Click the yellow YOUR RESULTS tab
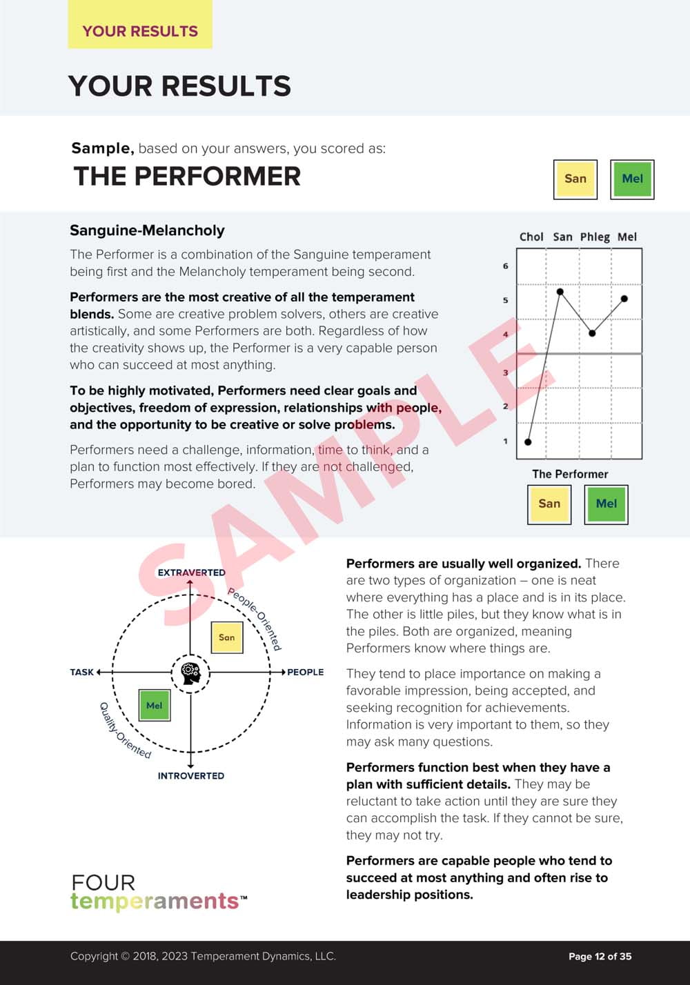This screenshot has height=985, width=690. pos(140,31)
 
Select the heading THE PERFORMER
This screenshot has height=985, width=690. pos(187,177)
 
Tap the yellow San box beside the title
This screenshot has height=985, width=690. pos(575,179)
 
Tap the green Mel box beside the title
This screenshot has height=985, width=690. pos(632,179)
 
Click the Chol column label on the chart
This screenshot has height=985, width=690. pos(531,237)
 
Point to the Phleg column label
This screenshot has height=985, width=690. pos(595,237)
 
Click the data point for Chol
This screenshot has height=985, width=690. pos(529,441)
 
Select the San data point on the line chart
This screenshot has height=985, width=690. pos(560,292)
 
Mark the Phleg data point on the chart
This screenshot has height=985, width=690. pos(592,333)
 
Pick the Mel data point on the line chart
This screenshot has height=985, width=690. pos(624,299)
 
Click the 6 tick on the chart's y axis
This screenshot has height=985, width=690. pos(506,266)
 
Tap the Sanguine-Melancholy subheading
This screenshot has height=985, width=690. pos(147,230)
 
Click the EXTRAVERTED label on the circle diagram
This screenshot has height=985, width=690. pos(191,573)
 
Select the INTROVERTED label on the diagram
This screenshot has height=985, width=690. pos(191,776)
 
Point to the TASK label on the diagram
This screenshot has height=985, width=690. pos(82,672)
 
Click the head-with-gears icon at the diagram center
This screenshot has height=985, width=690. pos(190,672)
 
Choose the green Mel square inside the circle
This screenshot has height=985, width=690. pos(155,705)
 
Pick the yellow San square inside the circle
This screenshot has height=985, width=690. pos(226,637)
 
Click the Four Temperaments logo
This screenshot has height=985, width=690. pos(158,893)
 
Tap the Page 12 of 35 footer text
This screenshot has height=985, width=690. pos(600,956)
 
